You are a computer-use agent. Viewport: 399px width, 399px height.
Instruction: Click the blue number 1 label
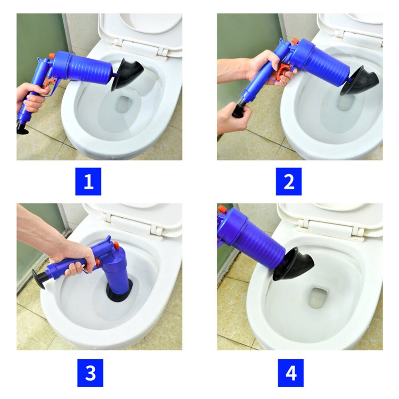pyautogui.click(x=88, y=181)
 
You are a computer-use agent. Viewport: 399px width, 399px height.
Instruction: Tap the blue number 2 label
pyautogui.click(x=289, y=181)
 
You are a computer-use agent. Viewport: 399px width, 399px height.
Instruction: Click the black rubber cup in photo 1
pyautogui.click(x=127, y=74)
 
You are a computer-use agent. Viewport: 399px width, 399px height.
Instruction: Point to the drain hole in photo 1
pyautogui.click(x=124, y=104)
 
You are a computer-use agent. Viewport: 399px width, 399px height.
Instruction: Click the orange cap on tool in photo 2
pyautogui.click(x=295, y=41)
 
